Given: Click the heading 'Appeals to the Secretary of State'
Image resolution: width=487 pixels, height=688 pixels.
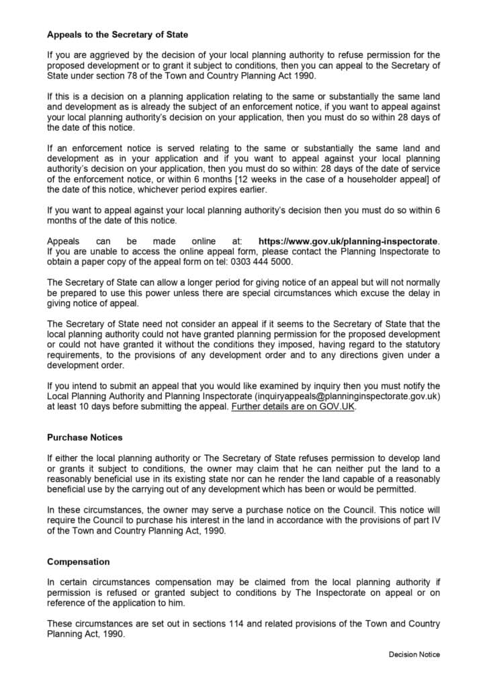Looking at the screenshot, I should [118, 34].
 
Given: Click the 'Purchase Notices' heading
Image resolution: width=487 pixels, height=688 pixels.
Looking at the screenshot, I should [85, 437].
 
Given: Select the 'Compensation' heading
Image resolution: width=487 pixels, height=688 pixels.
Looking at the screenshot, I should [78, 562].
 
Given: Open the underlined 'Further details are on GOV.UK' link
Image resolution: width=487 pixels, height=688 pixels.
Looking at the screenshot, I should [293, 407].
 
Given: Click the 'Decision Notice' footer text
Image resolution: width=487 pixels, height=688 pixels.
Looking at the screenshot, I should [414, 654].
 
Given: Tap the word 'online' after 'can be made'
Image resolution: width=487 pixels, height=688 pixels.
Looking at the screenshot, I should [202, 241].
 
